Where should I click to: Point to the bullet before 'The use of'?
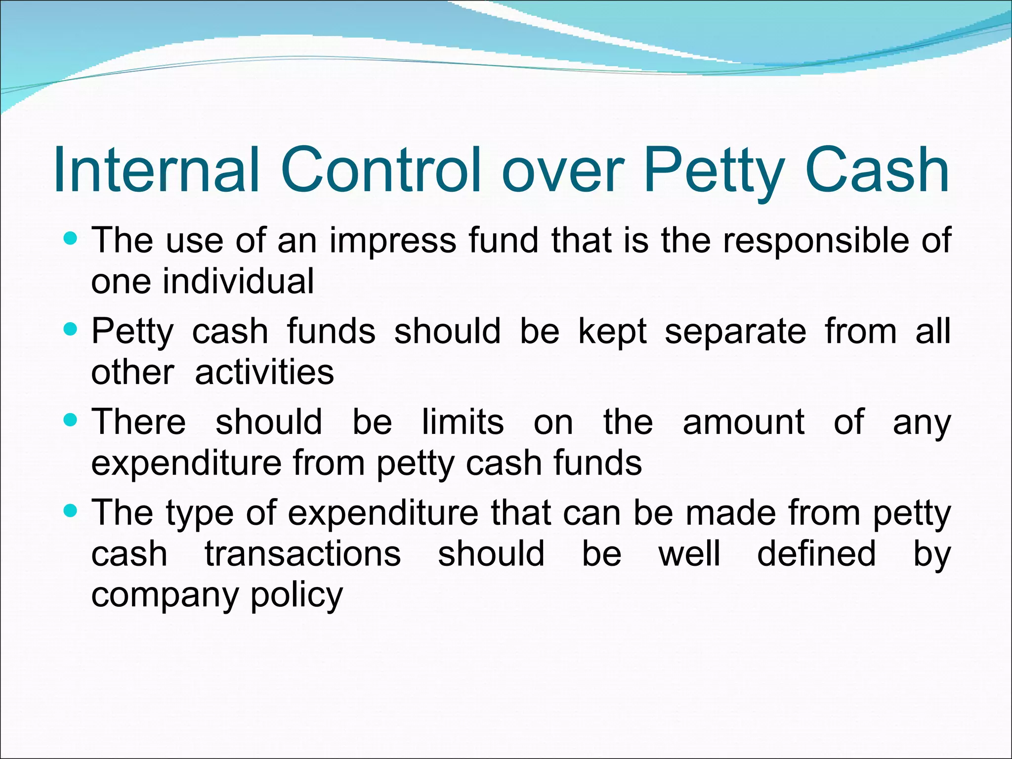point(71,239)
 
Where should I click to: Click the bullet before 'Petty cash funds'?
point(71,330)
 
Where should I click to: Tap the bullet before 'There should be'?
point(71,421)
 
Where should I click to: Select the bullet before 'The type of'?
point(71,511)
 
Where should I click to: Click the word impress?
point(393,241)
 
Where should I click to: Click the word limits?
point(463,422)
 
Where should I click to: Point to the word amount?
point(744,422)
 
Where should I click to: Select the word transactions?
point(303,554)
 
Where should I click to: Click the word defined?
point(816,554)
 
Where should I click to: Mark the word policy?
point(296,595)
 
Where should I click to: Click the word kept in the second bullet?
point(612,331)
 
